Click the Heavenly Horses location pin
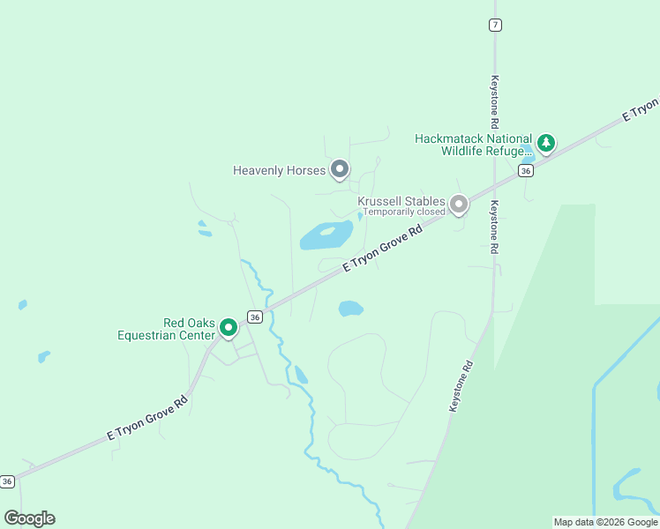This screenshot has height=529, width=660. (x=340, y=169)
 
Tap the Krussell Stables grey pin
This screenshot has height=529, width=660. (x=458, y=205)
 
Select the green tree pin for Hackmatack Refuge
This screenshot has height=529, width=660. (x=546, y=142)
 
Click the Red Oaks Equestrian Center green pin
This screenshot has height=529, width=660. (x=228, y=328)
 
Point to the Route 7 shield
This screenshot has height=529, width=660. (x=495, y=25)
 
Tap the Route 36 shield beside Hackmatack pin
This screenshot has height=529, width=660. (x=526, y=170)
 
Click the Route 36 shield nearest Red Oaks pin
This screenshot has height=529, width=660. (x=254, y=317)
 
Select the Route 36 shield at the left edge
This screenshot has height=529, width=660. (x=7, y=481)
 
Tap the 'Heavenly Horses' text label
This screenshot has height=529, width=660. (x=280, y=170)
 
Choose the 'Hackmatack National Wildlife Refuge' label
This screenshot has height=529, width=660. (x=474, y=145)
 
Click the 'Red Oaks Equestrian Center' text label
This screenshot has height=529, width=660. (x=166, y=329)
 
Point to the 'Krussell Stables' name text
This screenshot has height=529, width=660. (x=401, y=201)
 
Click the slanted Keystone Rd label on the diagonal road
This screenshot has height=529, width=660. (x=462, y=387)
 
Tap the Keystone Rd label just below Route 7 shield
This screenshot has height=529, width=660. (x=495, y=98)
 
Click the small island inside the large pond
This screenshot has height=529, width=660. (x=327, y=232)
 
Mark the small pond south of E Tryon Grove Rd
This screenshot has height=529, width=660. (x=350, y=309)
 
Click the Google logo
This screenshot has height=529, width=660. (x=29, y=518)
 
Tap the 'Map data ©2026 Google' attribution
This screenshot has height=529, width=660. (x=605, y=522)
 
